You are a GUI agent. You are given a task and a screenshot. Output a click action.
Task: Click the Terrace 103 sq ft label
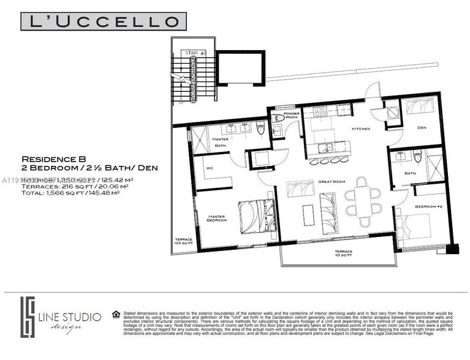point(183,241)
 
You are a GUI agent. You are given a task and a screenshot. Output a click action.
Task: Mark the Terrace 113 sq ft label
point(343,253)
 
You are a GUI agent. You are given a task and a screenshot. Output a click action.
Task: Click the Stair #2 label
point(197,54)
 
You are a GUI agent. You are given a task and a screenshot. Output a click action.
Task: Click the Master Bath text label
point(220,142)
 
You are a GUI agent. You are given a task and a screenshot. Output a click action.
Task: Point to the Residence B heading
point(50,157)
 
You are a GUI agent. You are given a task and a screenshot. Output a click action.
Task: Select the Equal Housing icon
point(116,314)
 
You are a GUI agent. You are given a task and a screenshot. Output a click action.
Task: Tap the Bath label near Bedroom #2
point(411,173)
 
